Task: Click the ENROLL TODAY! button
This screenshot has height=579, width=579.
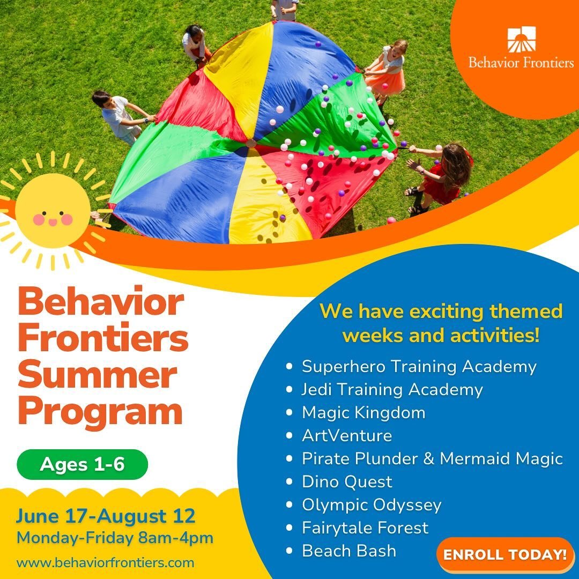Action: pyautogui.click(x=505, y=554)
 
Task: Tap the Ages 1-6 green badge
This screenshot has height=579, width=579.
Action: pyautogui.click(x=82, y=464)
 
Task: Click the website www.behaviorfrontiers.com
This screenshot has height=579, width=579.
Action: pyautogui.click(x=105, y=563)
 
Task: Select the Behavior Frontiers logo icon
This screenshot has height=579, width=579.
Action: pyautogui.click(x=521, y=40)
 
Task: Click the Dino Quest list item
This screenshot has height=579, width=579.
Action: pyautogui.click(x=347, y=481)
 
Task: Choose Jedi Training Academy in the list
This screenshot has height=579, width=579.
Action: pyautogui.click(x=392, y=389)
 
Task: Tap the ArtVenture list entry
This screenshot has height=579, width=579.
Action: pyautogui.click(x=347, y=435)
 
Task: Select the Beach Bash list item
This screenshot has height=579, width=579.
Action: pyautogui.click(x=349, y=551)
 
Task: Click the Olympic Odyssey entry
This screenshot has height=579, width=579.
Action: pyautogui.click(x=372, y=504)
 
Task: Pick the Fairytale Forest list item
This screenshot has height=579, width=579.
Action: pyautogui.click(x=365, y=528)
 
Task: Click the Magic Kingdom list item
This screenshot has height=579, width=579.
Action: pyautogui.click(x=363, y=412)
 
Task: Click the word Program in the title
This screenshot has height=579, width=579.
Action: pyautogui.click(x=100, y=412)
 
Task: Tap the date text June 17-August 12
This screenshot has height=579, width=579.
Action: pyautogui.click(x=106, y=516)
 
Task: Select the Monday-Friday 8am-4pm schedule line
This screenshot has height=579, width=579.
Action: pyautogui.click(x=115, y=538)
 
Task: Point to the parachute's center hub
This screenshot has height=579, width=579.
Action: pyautogui.click(x=250, y=143)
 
